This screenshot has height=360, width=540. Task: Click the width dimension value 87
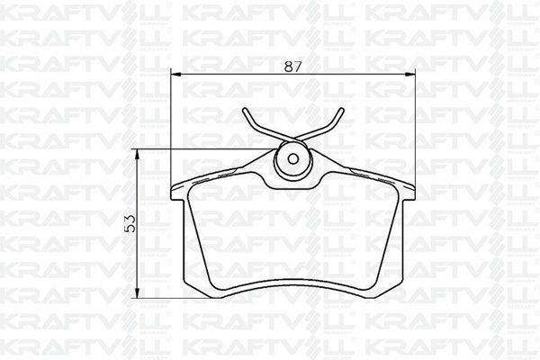pos(291,64)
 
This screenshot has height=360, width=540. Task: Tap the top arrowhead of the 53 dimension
pos(138,154)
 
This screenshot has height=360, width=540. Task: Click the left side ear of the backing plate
pos(176,193)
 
